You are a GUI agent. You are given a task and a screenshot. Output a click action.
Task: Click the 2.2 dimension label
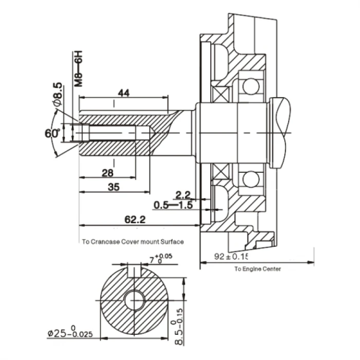click(183, 195)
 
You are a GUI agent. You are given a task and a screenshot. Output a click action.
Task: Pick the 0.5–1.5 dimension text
click(173, 205)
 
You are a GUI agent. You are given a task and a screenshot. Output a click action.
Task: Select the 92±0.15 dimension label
click(233, 256)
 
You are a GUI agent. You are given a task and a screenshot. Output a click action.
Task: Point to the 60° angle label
click(50, 134)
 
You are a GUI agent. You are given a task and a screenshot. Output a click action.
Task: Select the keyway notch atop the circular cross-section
click(134, 271)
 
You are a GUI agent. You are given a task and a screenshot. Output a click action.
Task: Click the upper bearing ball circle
click(251, 86)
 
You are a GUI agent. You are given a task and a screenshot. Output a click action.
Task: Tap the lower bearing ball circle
click(251, 178)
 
